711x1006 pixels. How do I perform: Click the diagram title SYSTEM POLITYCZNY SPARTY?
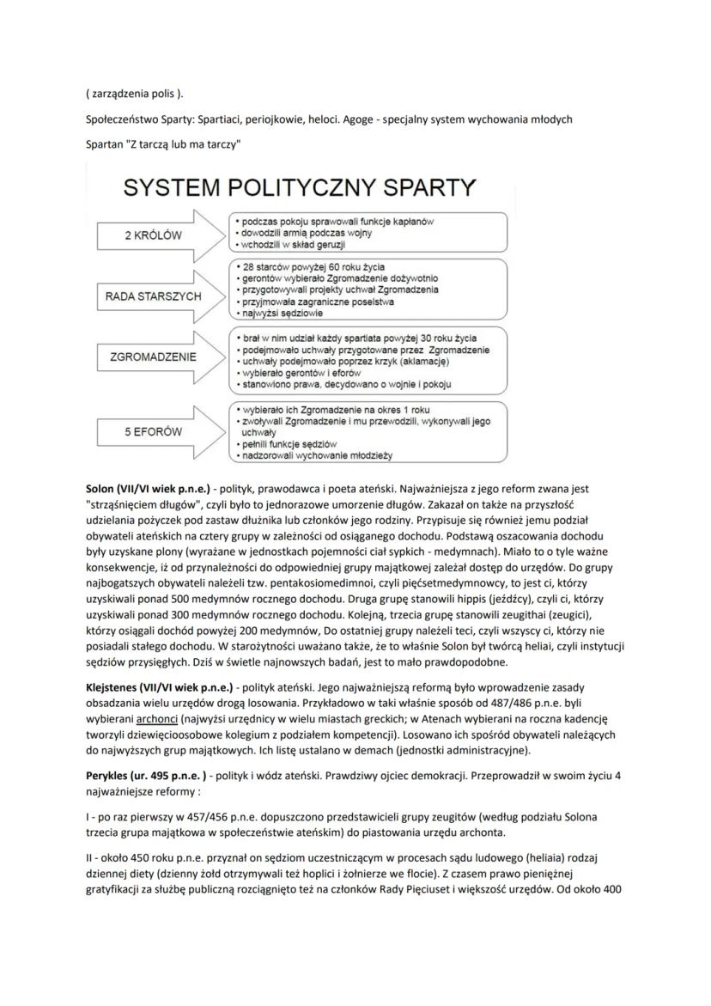301,187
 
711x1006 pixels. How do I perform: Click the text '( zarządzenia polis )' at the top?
135,93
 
